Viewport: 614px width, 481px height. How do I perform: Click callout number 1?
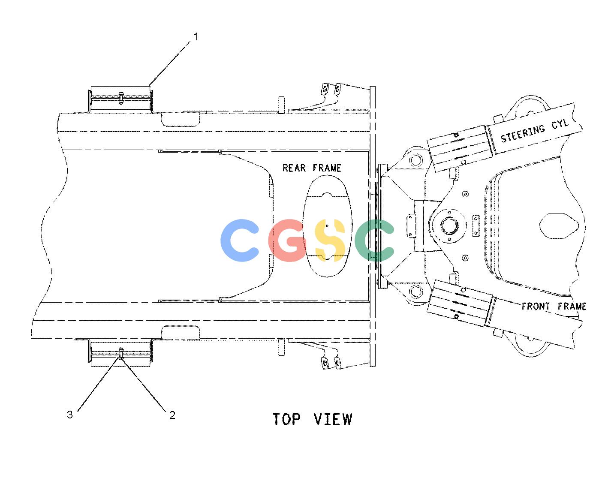(196, 36)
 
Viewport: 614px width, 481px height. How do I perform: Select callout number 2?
(172, 415)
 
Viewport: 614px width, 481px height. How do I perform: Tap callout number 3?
(70, 415)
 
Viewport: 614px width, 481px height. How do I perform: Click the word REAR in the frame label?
(294, 168)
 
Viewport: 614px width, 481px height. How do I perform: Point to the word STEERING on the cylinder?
(523, 133)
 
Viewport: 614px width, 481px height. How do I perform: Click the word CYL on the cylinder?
(560, 124)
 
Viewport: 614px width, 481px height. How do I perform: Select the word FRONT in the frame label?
(536, 306)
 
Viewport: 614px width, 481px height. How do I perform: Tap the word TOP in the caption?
(286, 419)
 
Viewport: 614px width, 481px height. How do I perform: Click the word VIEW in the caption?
(333, 419)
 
